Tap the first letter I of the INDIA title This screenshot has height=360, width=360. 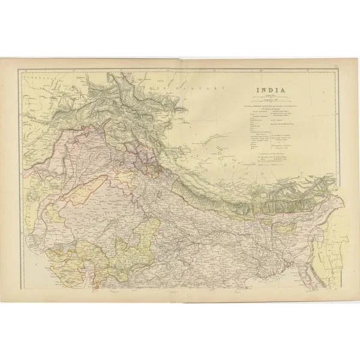[x=259, y=92]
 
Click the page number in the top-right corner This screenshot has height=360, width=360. [x=337, y=70]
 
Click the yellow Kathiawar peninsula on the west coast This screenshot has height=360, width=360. [x=62, y=257]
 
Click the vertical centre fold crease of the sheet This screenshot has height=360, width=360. [x=180, y=180]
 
